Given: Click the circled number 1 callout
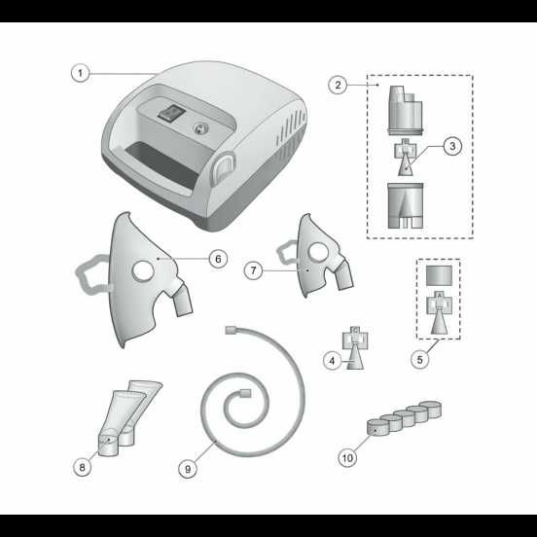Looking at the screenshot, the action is [x=81, y=73].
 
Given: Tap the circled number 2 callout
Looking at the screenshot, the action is [x=338, y=85].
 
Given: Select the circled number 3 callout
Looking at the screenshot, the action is [x=452, y=146].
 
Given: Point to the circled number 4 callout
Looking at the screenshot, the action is [x=332, y=361].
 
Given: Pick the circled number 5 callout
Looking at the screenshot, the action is [x=420, y=359].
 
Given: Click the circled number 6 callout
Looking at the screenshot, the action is [x=219, y=259].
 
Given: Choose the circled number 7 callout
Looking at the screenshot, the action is [x=254, y=270].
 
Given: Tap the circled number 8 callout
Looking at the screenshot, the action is [x=82, y=467].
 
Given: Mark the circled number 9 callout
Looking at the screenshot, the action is [x=188, y=469].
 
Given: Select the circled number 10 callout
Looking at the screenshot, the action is [x=347, y=457].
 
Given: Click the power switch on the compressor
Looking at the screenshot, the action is [x=171, y=113].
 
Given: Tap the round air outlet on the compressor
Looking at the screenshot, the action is [x=199, y=129].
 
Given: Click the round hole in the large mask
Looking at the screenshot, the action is [x=143, y=270].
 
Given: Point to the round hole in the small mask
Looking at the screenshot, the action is [x=318, y=252].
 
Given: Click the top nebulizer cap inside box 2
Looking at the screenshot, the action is [x=406, y=110].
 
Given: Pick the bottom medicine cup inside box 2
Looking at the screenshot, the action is [x=406, y=205].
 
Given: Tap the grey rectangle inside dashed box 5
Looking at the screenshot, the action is [x=439, y=275].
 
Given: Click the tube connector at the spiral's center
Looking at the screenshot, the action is [x=245, y=393].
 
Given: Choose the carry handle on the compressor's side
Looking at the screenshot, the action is [x=224, y=167].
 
